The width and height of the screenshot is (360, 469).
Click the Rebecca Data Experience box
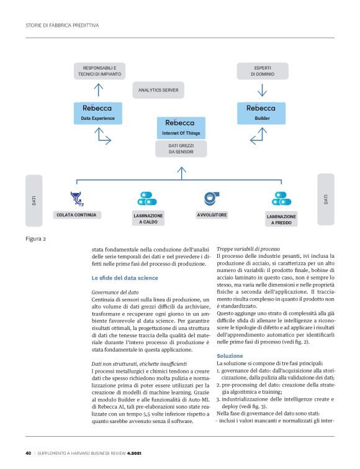point(98,112)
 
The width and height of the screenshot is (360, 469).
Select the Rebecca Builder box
point(261,112)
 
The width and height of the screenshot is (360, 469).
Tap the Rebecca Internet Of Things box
point(181,127)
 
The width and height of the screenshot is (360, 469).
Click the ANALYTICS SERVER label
point(158,91)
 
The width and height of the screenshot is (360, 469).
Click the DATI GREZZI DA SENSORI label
point(181,149)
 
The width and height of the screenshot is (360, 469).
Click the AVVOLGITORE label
point(212,215)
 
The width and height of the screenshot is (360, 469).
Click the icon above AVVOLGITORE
point(212,198)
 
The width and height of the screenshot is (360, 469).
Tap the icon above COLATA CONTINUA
point(78,199)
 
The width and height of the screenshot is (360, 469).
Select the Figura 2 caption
point(35,238)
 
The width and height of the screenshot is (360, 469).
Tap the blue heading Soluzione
point(230,355)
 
